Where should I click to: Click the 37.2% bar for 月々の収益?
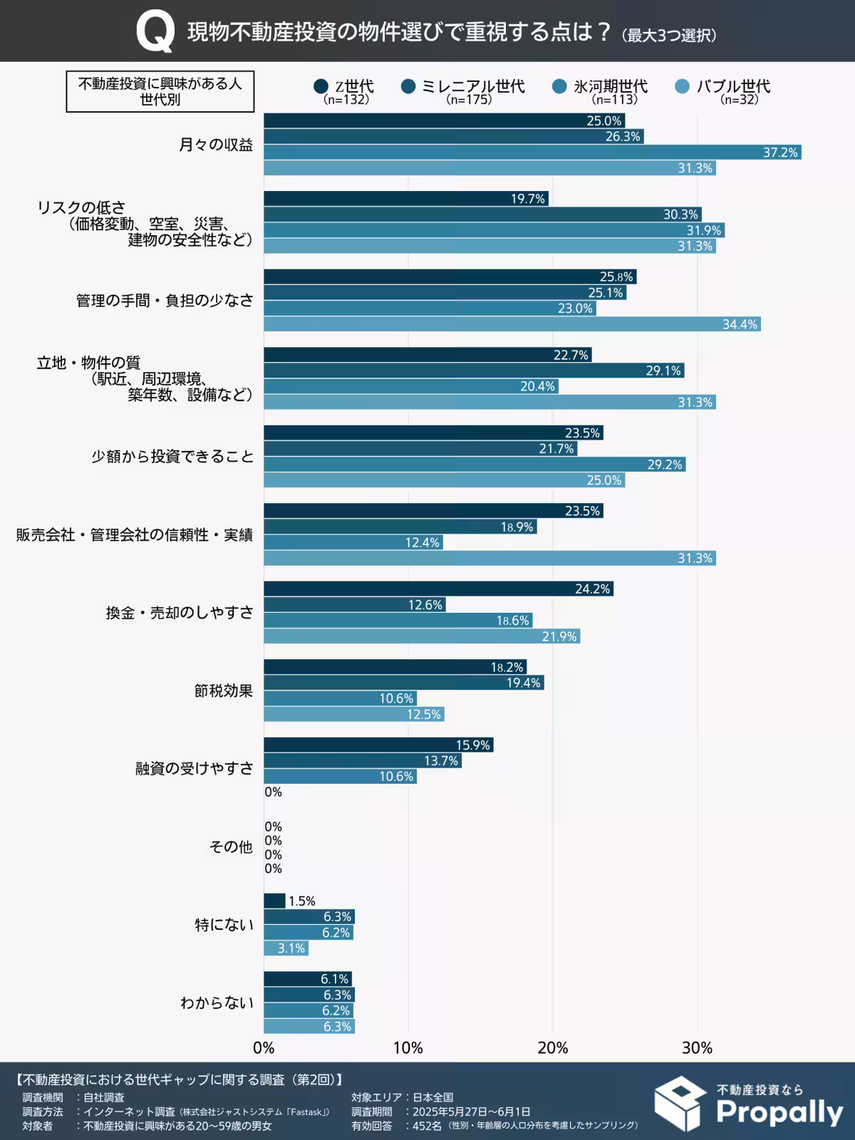532,152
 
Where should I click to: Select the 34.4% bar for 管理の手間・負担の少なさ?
512,324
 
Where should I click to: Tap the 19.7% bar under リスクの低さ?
406,199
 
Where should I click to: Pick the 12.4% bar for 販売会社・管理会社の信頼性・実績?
353,543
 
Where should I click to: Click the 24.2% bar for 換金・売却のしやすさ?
438,589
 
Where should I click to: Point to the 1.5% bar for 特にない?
274,901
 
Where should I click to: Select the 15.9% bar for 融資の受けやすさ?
378,745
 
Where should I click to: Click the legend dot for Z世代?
321,87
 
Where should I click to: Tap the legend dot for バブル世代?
683,87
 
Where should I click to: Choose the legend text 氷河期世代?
611,87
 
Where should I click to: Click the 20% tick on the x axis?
553,1048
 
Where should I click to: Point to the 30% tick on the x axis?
697,1048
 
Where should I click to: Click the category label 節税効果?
224,690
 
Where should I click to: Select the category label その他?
231,846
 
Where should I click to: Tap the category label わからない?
217,1002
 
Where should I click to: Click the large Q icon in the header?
155,33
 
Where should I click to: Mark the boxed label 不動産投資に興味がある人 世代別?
160,91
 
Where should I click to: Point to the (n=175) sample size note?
469,100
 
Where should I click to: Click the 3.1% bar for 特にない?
286,948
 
